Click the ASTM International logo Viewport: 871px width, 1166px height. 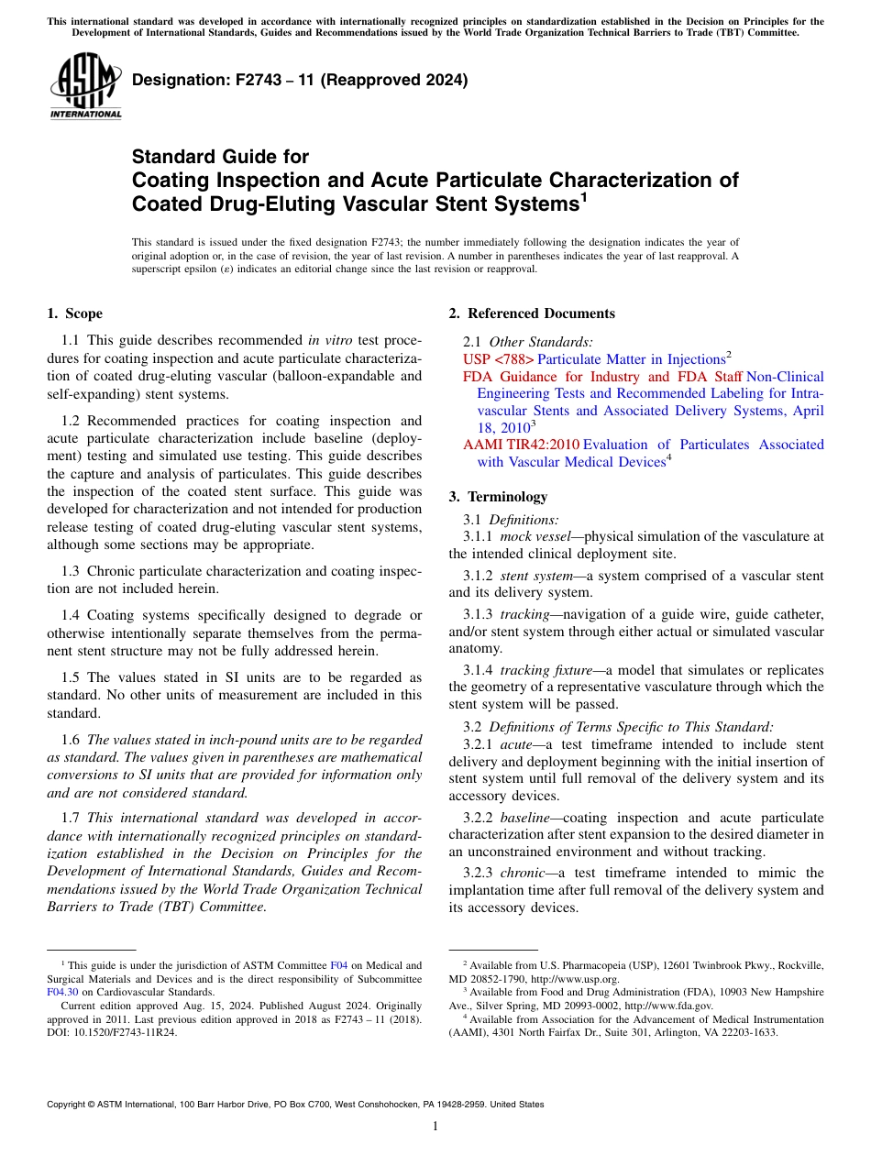pyautogui.click(x=85, y=86)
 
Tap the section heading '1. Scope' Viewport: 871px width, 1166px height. pyautogui.click(x=74, y=313)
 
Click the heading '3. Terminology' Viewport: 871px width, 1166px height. pyautogui.click(x=498, y=497)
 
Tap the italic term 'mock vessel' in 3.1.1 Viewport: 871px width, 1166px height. pyautogui.click(x=535, y=536)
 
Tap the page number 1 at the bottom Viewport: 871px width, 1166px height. pyautogui.click(x=435, y=1127)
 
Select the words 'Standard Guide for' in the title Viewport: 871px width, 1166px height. pyautogui.click(x=220, y=157)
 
